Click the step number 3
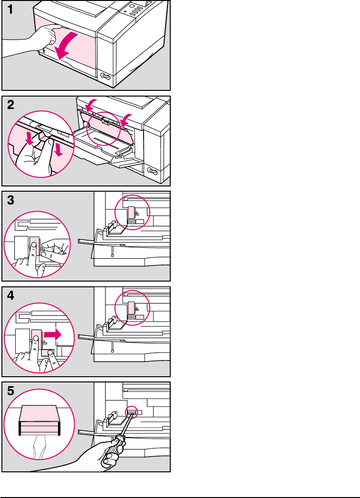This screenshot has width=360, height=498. tap(11, 201)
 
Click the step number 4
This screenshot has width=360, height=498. tap(11, 296)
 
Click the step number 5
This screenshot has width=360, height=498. tap(11, 391)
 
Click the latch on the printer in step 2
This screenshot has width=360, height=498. tap(152, 170)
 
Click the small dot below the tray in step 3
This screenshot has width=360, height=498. tap(112, 255)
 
